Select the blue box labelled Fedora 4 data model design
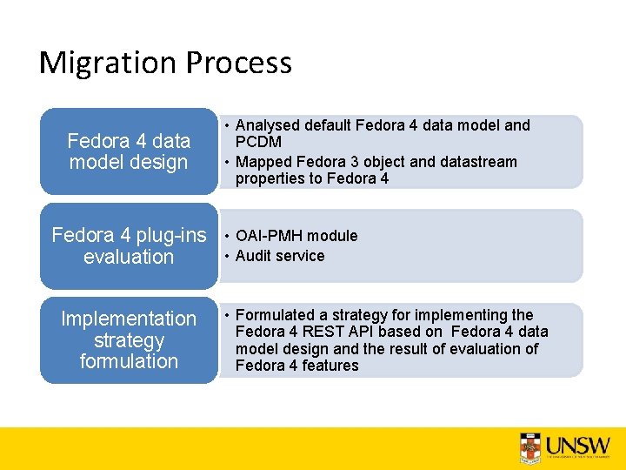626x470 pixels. coord(129,151)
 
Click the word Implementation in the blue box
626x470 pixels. coord(129,319)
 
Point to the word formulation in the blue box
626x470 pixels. coord(129,361)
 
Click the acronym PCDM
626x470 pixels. coord(258,142)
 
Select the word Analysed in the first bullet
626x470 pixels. coord(267,125)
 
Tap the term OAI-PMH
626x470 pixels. coord(273,236)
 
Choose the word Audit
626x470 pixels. coord(255,256)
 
